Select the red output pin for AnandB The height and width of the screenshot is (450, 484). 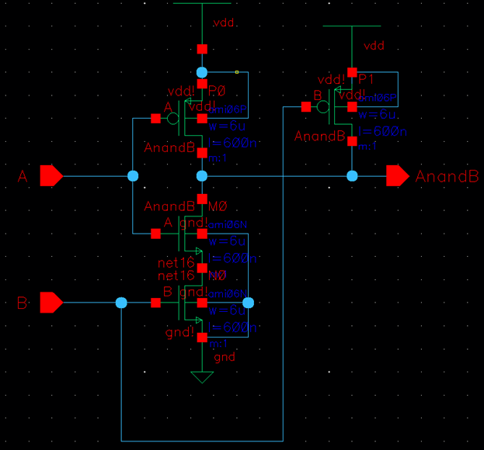pyautogui.click(x=397, y=176)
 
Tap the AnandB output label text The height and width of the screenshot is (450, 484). pyautogui.click(x=447, y=177)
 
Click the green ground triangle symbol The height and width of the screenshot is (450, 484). pyautogui.click(x=202, y=377)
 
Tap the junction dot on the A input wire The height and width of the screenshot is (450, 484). pyautogui.click(x=132, y=176)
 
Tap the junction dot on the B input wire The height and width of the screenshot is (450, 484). pyautogui.click(x=120, y=303)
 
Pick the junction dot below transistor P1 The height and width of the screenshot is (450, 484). pyautogui.click(x=352, y=176)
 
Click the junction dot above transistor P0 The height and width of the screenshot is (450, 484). pyautogui.click(x=202, y=72)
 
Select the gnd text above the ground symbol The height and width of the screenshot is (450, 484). pyautogui.click(x=225, y=358)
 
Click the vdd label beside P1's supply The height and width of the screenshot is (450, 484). pyautogui.click(x=374, y=46)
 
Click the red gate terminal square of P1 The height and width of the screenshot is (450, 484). pyautogui.click(x=305, y=107)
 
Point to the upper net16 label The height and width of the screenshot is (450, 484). pyautogui.click(x=175, y=264)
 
